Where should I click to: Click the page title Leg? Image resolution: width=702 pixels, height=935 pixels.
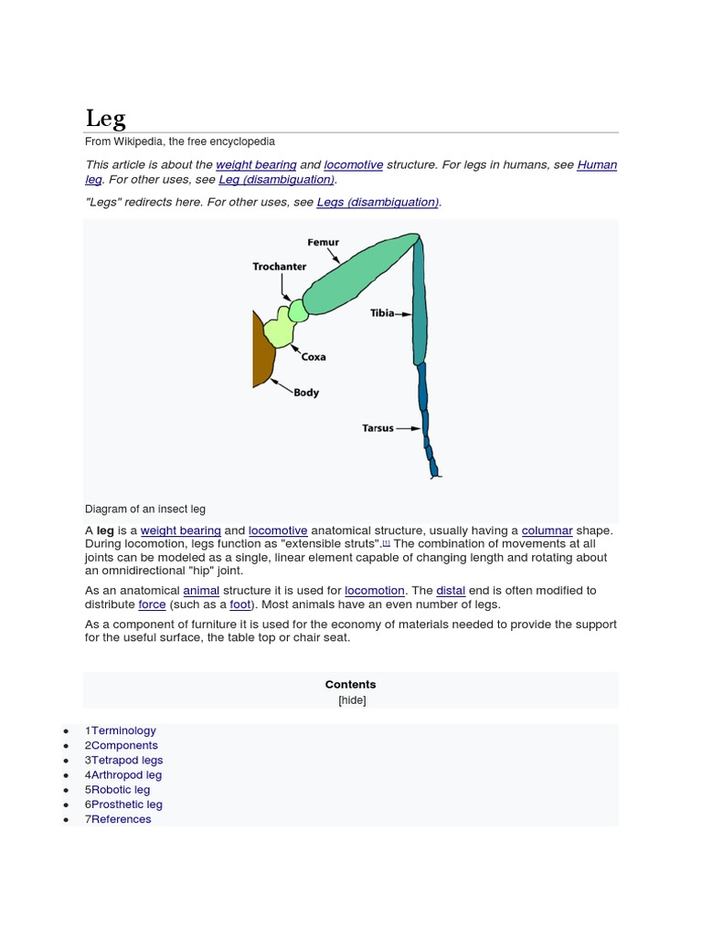106,118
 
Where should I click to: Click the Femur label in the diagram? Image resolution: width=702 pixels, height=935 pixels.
323,243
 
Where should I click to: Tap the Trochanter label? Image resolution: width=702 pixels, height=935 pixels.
279,267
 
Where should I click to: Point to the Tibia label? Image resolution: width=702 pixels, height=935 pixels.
382,313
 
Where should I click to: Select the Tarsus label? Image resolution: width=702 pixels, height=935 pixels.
378,427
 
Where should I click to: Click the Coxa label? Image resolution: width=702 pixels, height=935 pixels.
314,357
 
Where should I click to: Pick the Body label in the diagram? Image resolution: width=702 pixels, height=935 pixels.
306,393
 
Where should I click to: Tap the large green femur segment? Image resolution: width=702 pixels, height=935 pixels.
356,274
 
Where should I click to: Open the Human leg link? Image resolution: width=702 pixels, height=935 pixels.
597,165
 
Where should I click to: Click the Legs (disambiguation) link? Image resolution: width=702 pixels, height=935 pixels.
378,202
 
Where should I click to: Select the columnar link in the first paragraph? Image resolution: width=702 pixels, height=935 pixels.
547,531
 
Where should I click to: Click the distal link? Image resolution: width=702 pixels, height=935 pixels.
451,591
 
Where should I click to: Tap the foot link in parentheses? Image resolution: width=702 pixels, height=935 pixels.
239,604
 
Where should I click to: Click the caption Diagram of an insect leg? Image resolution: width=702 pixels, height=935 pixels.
151,510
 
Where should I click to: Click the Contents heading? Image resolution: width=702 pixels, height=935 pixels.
350,684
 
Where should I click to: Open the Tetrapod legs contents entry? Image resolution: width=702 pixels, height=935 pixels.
127,760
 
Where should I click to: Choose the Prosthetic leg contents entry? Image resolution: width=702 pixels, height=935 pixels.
127,804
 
